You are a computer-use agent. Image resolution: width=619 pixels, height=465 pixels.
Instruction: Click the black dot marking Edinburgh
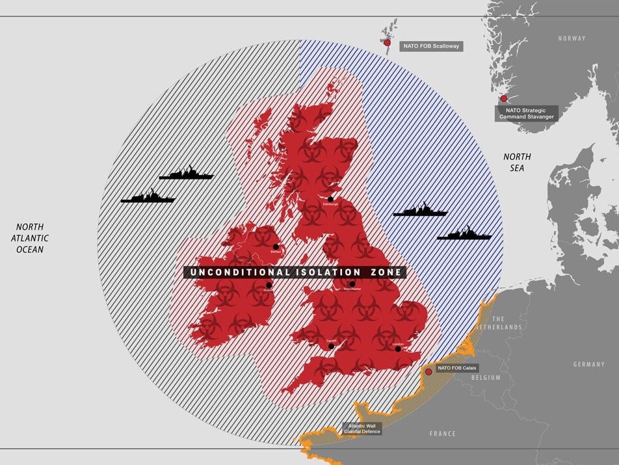[330, 199]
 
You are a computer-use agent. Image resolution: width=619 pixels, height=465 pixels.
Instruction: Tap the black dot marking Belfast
[276, 246]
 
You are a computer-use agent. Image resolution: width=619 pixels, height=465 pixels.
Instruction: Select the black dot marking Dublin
[269, 285]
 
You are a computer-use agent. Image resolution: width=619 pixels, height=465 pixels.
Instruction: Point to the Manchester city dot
[352, 284]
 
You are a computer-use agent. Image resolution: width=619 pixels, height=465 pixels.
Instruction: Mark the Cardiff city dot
[331, 346]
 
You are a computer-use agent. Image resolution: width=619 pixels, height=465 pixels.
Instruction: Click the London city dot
[398, 349]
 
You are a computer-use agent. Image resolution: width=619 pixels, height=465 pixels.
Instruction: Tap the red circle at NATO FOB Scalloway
[387, 43]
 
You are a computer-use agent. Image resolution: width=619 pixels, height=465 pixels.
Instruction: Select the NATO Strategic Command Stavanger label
[527, 113]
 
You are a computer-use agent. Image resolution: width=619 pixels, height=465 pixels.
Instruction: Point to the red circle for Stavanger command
[503, 98]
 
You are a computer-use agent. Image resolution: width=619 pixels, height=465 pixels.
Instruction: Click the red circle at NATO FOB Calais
[428, 372]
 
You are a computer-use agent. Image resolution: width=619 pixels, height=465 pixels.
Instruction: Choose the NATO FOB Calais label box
[457, 368]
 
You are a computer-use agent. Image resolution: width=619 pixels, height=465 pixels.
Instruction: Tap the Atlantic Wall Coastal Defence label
[362, 429]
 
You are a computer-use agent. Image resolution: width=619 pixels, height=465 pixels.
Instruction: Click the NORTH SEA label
[517, 163]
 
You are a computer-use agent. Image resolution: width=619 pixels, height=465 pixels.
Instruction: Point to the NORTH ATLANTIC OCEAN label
[30, 238]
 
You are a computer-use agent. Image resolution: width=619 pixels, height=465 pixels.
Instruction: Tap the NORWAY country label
[572, 38]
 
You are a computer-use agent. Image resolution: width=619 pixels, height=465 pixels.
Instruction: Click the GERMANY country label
[588, 364]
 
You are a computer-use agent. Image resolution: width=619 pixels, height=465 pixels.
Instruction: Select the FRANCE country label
[442, 433]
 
